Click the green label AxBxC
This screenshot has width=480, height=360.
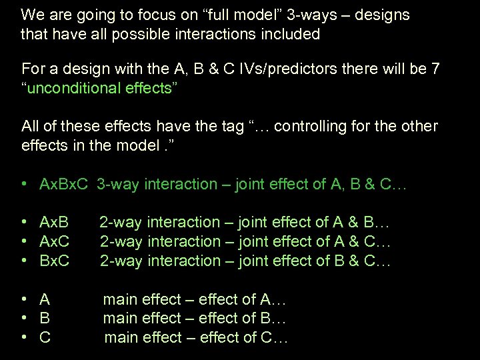(65, 184)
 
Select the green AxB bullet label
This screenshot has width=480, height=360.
(55, 222)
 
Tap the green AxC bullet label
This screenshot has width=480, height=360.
(55, 241)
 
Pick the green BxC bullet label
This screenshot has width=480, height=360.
(55, 261)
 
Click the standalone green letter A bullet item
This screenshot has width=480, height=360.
(45, 299)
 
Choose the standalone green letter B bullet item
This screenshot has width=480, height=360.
(45, 319)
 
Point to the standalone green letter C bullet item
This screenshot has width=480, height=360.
(45, 338)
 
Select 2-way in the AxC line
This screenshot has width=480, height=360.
(121, 241)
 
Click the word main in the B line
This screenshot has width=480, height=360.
(121, 319)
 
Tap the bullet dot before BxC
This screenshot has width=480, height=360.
(24, 261)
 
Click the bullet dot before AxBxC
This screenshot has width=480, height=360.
(24, 184)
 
